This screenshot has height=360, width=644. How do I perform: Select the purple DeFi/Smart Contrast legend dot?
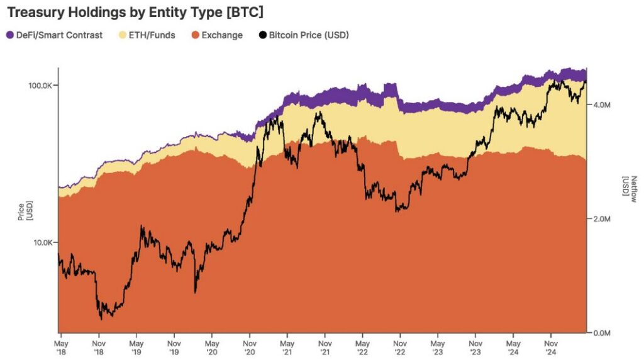click(x=9, y=35)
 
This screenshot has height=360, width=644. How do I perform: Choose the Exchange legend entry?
click(x=221, y=35)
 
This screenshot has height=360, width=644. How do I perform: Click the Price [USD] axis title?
click(x=23, y=212)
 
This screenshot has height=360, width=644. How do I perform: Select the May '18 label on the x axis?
click(x=60, y=349)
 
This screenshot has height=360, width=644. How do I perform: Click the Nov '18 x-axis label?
click(x=99, y=349)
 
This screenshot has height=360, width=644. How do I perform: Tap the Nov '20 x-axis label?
click(x=250, y=349)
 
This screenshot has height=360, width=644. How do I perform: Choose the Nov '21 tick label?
click(x=325, y=349)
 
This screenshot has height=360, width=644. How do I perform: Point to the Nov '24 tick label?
click(x=551, y=349)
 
